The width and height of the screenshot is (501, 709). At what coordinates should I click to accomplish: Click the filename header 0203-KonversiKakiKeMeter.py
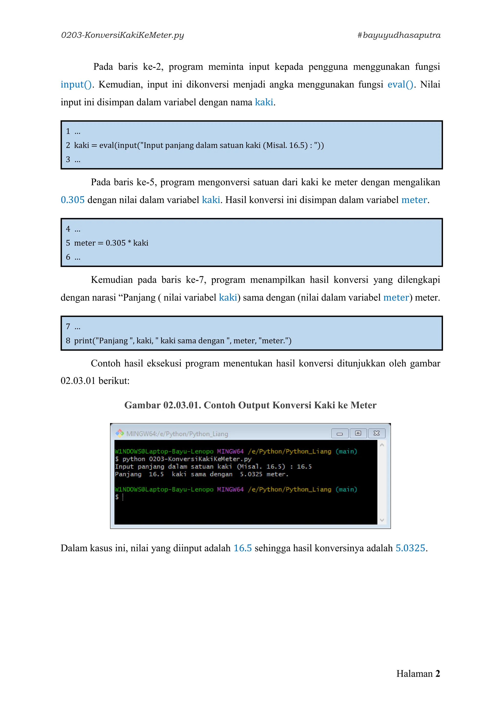[123, 35]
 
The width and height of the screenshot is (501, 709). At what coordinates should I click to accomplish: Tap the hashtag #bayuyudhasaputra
[399, 35]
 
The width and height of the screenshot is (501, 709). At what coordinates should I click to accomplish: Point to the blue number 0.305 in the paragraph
[72, 200]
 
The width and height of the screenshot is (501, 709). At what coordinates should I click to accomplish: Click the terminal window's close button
[377, 433]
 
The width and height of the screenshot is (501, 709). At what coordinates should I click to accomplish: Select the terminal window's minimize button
[340, 433]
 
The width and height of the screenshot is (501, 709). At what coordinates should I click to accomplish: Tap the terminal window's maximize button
[358, 433]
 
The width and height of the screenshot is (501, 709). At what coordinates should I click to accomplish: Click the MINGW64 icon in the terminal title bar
[119, 433]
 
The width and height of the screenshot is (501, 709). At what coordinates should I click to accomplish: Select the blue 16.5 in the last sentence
[242, 548]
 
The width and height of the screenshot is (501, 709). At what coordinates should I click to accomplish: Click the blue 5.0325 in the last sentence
[410, 548]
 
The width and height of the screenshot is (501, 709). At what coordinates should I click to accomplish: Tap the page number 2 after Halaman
[437, 674]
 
